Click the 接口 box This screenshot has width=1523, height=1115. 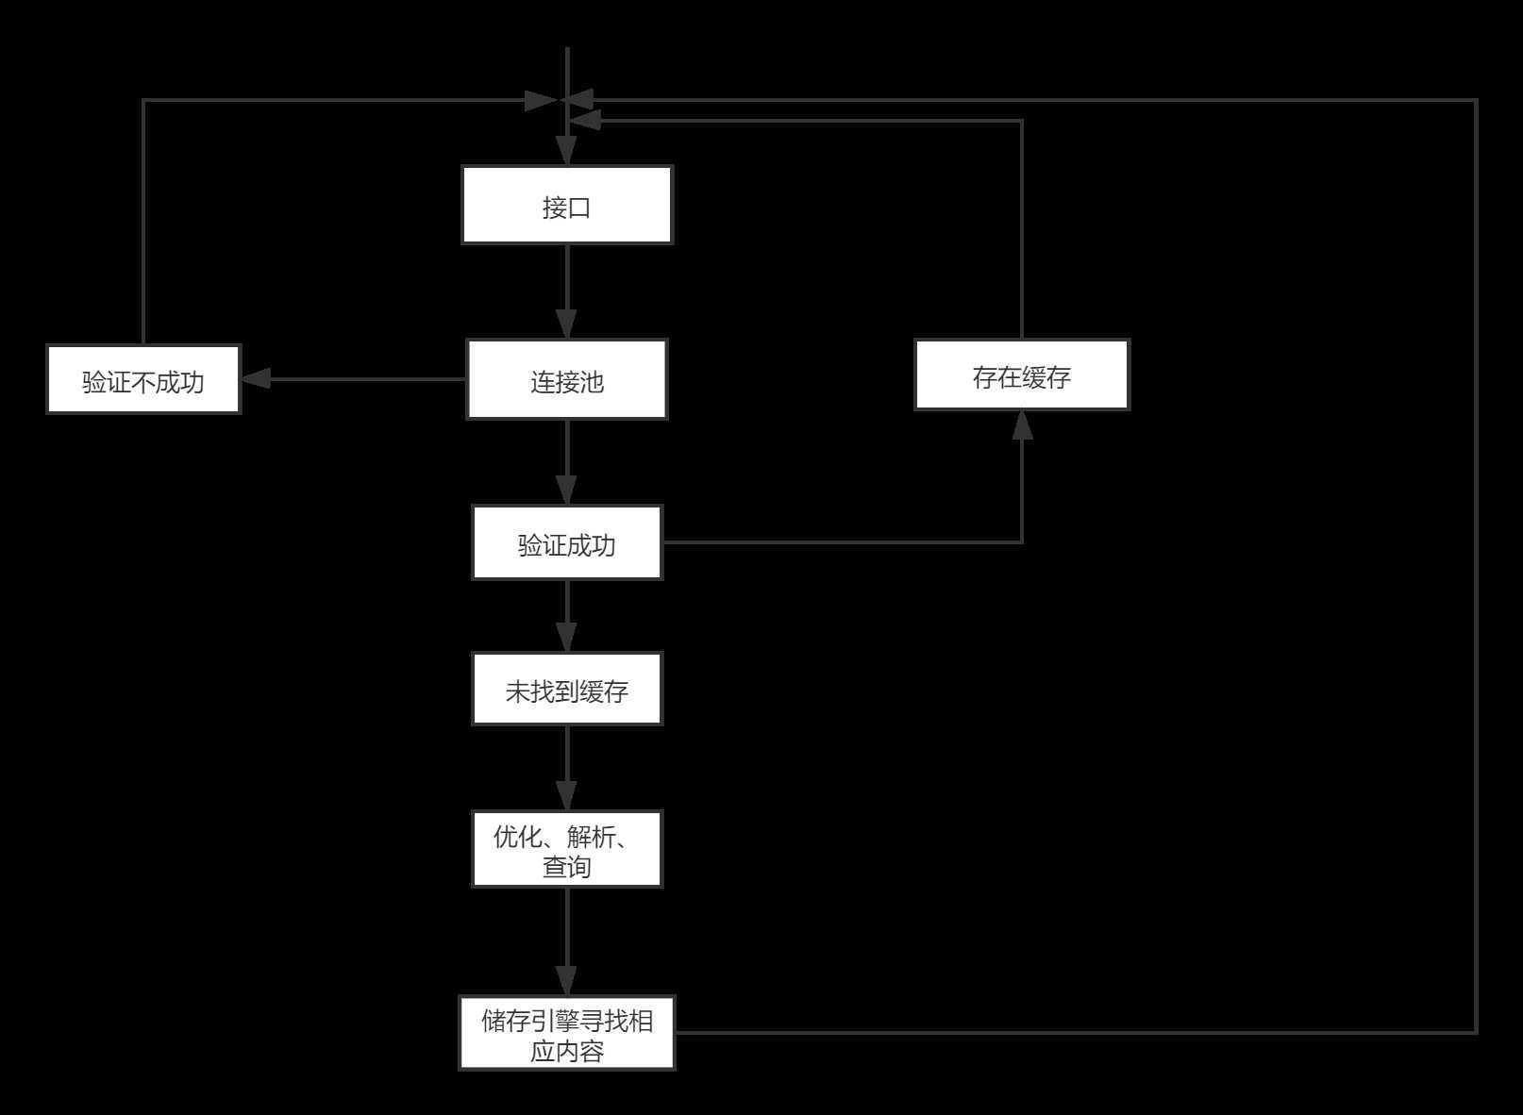566,206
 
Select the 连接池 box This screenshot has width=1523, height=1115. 566,379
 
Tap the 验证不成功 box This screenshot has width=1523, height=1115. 143,379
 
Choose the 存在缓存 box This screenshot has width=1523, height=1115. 1021,375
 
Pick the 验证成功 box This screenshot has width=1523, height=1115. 566,542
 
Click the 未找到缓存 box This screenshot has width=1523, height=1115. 566,689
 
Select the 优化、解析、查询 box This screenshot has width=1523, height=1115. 566,849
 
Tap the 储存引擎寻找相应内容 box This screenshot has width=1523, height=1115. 566,1033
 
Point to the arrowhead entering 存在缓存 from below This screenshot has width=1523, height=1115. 1022,425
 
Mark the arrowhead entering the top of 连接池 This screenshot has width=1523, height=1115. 566,325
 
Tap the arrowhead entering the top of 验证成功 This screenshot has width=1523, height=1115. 566,491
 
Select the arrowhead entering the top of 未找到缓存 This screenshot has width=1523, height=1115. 566,637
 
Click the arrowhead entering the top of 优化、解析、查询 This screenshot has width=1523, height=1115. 566,795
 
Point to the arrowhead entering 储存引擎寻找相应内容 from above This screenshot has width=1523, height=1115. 566,981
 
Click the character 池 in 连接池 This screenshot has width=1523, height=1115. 592,382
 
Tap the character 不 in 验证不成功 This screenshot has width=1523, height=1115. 143,382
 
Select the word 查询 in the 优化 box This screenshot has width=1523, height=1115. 566,866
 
